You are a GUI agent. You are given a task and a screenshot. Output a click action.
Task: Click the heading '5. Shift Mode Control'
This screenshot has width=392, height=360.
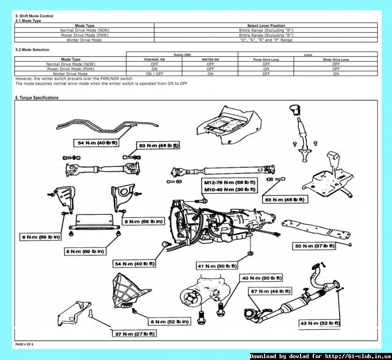pyautogui.click(x=34, y=16)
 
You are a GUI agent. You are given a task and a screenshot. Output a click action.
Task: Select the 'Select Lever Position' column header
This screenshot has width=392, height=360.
pyautogui.click(x=266, y=25)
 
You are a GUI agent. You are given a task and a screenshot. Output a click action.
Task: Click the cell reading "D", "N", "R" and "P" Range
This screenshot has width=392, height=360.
pyautogui.click(x=266, y=40)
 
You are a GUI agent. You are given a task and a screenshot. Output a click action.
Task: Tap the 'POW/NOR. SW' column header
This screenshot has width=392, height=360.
pyautogui.click(x=155, y=60)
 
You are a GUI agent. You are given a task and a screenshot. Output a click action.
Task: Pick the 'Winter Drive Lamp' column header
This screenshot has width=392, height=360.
pyautogui.click(x=336, y=60)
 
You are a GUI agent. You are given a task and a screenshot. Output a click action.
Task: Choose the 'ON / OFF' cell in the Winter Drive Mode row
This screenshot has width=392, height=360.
pyautogui.click(x=155, y=74)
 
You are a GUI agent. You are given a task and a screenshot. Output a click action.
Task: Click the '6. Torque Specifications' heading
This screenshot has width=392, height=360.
pyautogui.click(x=37, y=98)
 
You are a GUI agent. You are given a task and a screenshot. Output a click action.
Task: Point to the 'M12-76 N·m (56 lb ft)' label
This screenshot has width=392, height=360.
pyautogui.click(x=229, y=182)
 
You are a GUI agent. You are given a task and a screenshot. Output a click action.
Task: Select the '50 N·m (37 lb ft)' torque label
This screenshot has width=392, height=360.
pyautogui.click(x=315, y=246)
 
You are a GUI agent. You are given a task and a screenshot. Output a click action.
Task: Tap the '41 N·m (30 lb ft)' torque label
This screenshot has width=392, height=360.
pyautogui.click(x=217, y=266)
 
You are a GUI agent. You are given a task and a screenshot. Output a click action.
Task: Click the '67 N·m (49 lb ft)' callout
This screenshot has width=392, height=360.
pyautogui.click(x=270, y=291)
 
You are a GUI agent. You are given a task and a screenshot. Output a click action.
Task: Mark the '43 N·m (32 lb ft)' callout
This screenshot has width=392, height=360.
pyautogui.click(x=320, y=323)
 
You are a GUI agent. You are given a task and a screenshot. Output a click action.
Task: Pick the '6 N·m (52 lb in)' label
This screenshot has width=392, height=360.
pyautogui.click(x=170, y=322)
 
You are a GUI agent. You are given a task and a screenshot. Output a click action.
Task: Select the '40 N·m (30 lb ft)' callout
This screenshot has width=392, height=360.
pyautogui.click(x=261, y=278)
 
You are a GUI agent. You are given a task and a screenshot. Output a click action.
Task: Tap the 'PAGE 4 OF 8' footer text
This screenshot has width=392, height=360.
pyautogui.click(x=24, y=345)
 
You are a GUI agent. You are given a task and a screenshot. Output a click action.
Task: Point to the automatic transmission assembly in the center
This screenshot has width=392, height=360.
pyautogui.click(x=220, y=220)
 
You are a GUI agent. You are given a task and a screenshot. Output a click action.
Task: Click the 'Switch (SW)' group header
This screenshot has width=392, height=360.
pyautogui.click(x=182, y=55)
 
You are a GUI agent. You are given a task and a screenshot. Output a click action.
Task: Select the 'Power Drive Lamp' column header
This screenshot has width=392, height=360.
pyautogui.click(x=266, y=60)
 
